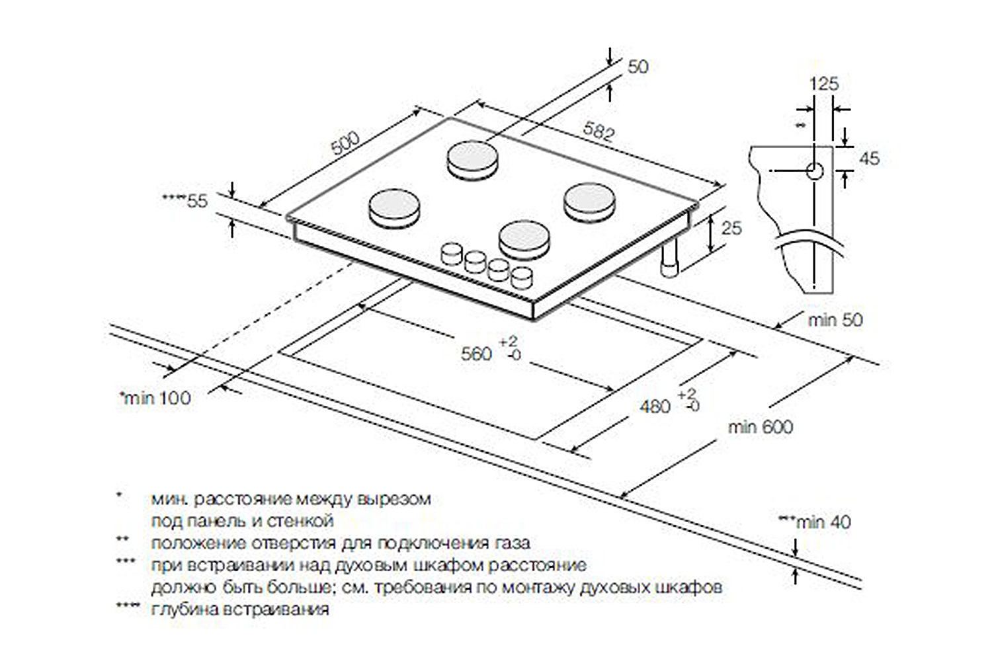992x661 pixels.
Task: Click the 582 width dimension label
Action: click(x=599, y=132)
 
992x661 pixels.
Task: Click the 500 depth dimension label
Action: click(x=345, y=143)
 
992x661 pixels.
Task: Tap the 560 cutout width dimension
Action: click(x=477, y=354)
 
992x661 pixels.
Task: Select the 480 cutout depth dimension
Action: click(x=655, y=406)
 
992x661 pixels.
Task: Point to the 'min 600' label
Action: click(x=760, y=427)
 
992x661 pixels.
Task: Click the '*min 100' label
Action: click(x=155, y=398)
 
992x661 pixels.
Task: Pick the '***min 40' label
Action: click(x=814, y=522)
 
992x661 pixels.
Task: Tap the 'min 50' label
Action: click(x=835, y=320)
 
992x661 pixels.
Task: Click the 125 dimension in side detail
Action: click(x=823, y=84)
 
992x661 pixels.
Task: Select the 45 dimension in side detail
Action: click(x=869, y=159)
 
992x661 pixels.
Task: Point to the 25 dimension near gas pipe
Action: click(x=731, y=228)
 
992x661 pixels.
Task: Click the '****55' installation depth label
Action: click(x=186, y=201)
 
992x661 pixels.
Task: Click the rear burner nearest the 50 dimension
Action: click(x=472, y=159)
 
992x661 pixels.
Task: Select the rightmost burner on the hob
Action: click(x=589, y=201)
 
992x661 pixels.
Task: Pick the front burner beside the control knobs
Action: click(x=524, y=239)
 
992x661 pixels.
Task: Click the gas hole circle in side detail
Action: click(x=814, y=171)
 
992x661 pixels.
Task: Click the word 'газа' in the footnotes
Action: click(x=512, y=543)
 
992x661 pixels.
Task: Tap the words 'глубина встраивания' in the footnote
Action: click(x=239, y=609)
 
